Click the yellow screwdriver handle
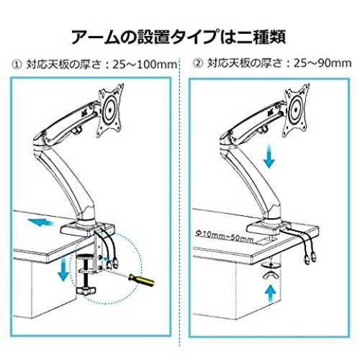tap(142, 280)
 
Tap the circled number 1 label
tap(17, 65)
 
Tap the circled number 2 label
tap(198, 63)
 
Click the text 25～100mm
tap(145, 65)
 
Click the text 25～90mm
tap(323, 63)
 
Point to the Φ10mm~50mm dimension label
tap(225, 236)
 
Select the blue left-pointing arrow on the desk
tap(41, 222)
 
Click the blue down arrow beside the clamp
tap(63, 268)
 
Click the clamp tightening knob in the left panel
tap(86, 290)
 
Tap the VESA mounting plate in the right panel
tap(296, 110)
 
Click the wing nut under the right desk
tap(271, 276)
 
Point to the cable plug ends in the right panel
tap(310, 258)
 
